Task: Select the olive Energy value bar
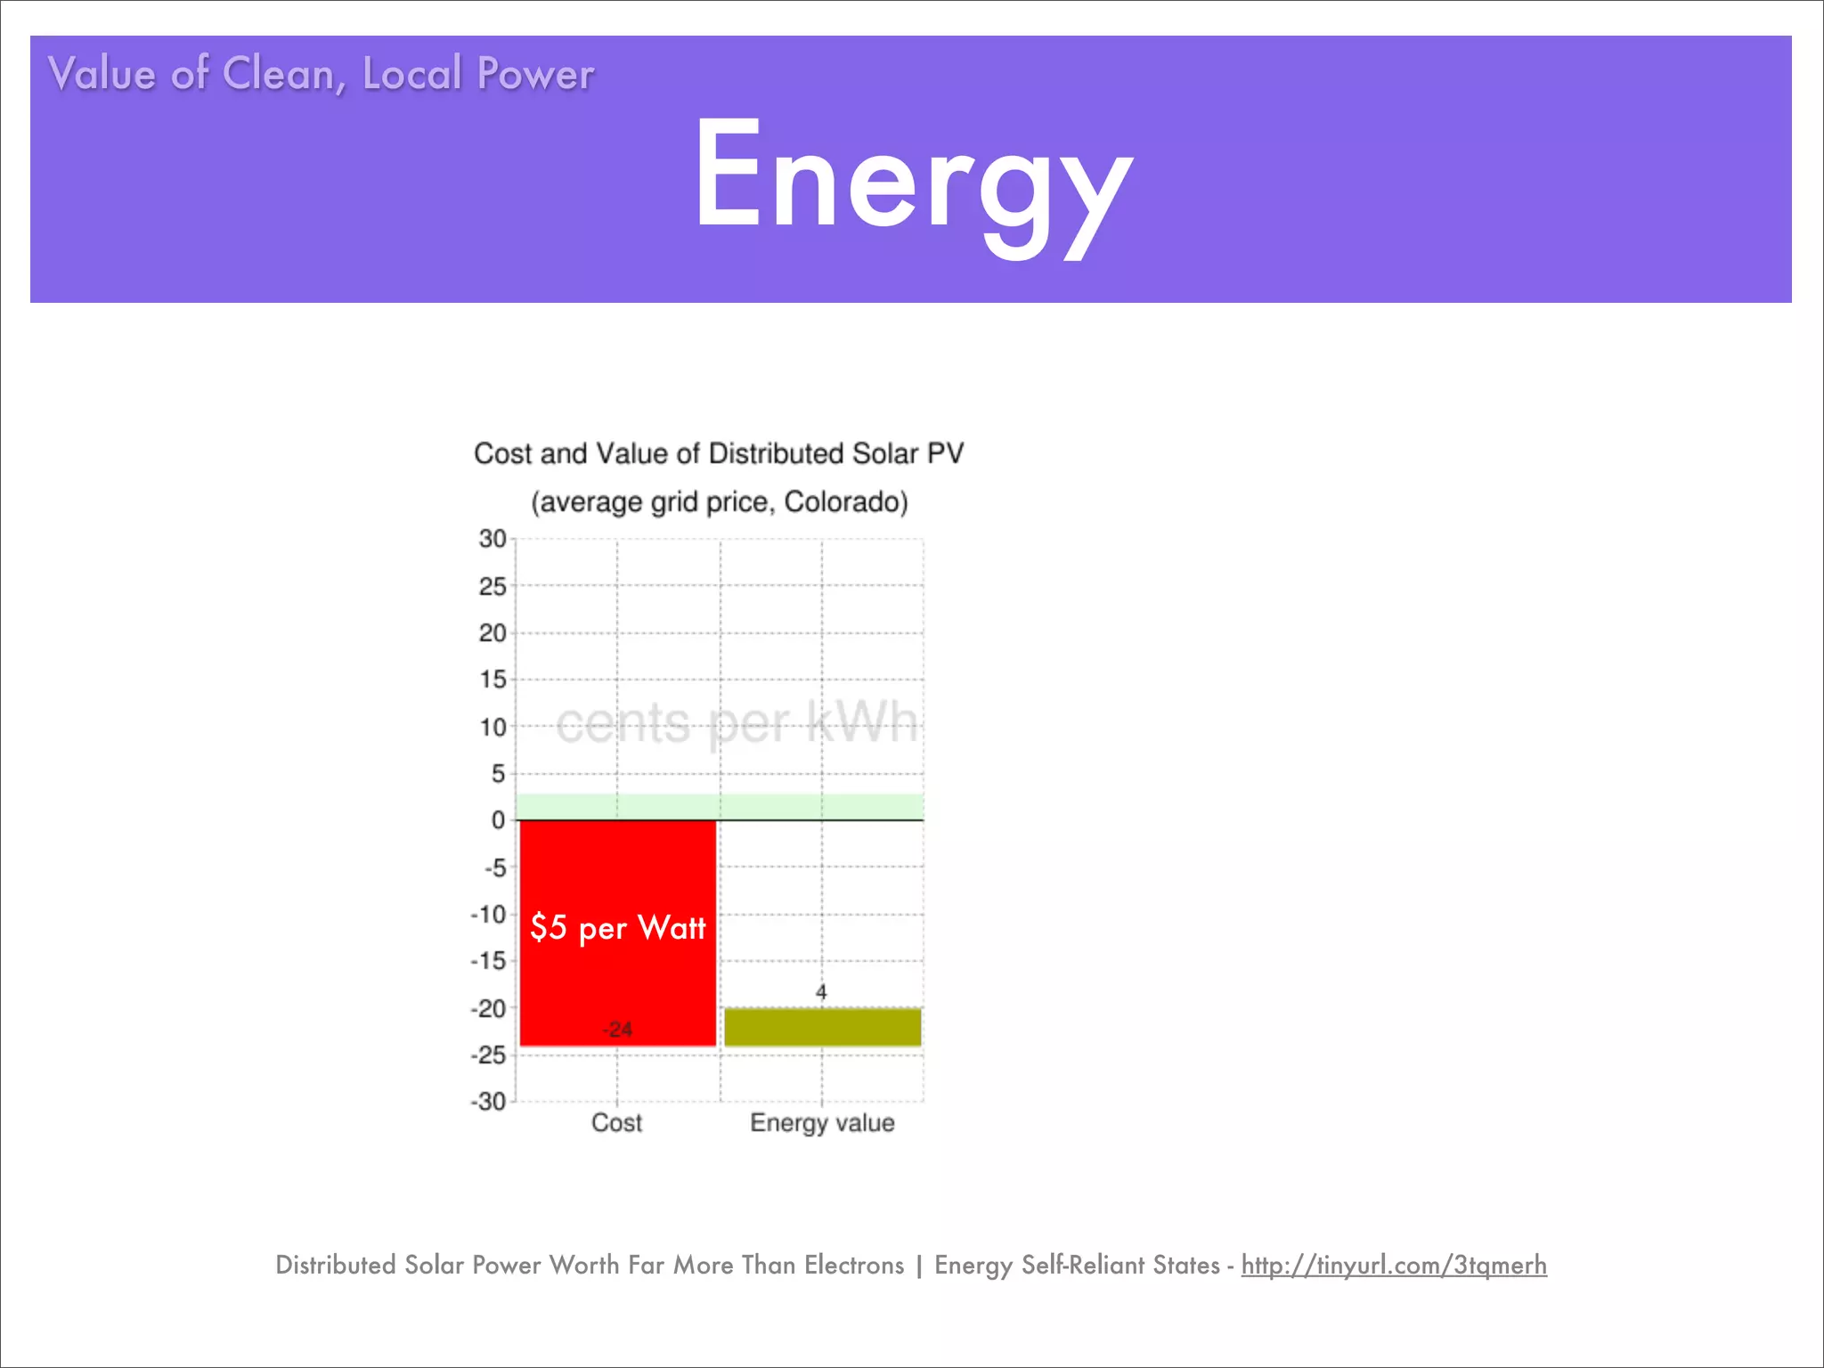pyautogui.click(x=822, y=1027)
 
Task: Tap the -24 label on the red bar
pyautogui.click(x=618, y=1030)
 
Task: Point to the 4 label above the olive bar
pyautogui.click(x=821, y=992)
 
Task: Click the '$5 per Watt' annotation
pyautogui.click(x=617, y=928)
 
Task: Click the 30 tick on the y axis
pyautogui.click(x=493, y=539)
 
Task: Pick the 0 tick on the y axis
pyautogui.click(x=499, y=820)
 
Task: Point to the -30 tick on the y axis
pyautogui.click(x=488, y=1102)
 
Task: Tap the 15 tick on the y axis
pyautogui.click(x=493, y=680)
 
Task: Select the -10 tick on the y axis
pyautogui.click(x=488, y=915)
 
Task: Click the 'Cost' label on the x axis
pyautogui.click(x=616, y=1123)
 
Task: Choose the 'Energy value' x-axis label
pyautogui.click(x=822, y=1123)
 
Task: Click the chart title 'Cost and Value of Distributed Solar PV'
pyautogui.click(x=719, y=453)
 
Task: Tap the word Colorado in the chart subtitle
pyautogui.click(x=845, y=502)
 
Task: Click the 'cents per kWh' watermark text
pyautogui.click(x=736, y=722)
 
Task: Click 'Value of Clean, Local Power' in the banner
pyautogui.click(x=321, y=73)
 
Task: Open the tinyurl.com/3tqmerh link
pyautogui.click(x=1394, y=1265)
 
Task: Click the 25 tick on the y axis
pyautogui.click(x=493, y=586)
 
